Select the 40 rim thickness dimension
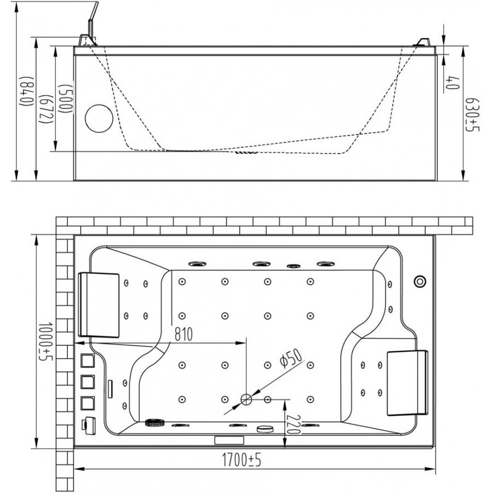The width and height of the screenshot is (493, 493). click(452, 82)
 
